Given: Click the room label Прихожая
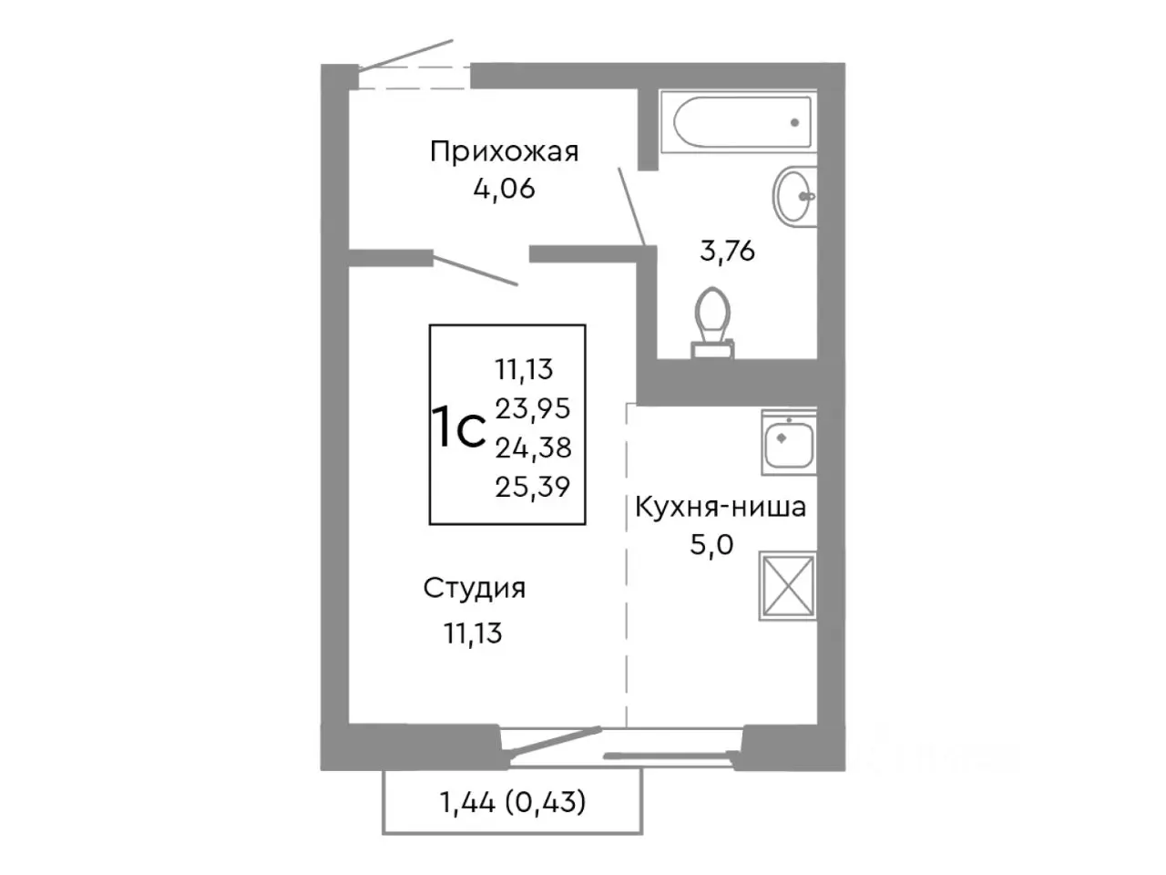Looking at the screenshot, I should coord(504,151).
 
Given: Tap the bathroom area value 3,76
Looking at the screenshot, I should coord(727,251).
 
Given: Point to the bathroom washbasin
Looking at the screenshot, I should coord(794,195).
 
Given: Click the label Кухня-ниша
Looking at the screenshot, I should coord(720,506).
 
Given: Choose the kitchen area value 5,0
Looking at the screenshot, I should coord(712,544).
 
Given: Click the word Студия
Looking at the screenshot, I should coord(475,589).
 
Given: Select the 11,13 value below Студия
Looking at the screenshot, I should coord(473,633).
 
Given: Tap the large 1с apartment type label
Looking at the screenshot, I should coord(458,428).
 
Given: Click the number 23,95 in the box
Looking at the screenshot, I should coord(533,408).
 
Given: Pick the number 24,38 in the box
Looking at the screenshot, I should coord(533,448).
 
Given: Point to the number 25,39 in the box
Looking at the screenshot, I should coord(533,488).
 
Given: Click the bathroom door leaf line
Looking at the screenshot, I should coord(632,206).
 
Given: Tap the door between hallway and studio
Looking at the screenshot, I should coord(475,271).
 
